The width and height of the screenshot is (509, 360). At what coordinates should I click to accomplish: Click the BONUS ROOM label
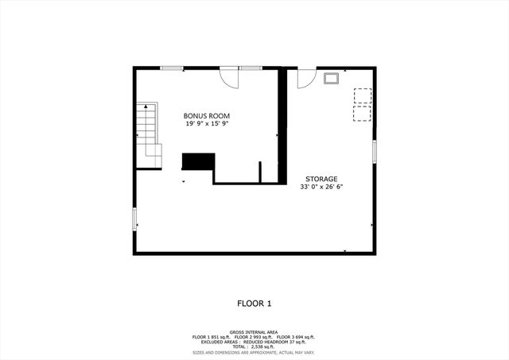(x=207, y=116)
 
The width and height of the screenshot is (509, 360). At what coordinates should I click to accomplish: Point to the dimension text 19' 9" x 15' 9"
(x=207, y=124)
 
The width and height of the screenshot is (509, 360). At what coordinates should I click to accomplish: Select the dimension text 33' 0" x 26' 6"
(x=322, y=188)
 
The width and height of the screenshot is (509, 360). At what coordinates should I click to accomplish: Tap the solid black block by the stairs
(x=198, y=161)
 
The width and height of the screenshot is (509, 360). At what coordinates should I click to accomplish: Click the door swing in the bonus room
(x=229, y=77)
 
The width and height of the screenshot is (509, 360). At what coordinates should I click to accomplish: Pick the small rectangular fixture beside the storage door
(x=332, y=78)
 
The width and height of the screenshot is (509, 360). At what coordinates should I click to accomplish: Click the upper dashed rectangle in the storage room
(x=362, y=95)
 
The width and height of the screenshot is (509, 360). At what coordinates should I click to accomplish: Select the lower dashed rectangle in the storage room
(x=362, y=113)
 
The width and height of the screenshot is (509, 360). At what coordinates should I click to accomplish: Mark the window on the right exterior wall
(x=375, y=152)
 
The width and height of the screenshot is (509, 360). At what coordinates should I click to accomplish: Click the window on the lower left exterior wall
(x=134, y=217)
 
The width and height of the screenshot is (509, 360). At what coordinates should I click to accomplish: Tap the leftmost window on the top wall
(x=171, y=68)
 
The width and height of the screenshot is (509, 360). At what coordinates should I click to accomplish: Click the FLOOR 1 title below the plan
(x=254, y=303)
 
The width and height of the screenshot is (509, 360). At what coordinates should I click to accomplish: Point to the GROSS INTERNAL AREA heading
(x=254, y=331)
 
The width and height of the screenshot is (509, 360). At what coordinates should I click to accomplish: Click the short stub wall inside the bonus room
(x=260, y=172)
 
